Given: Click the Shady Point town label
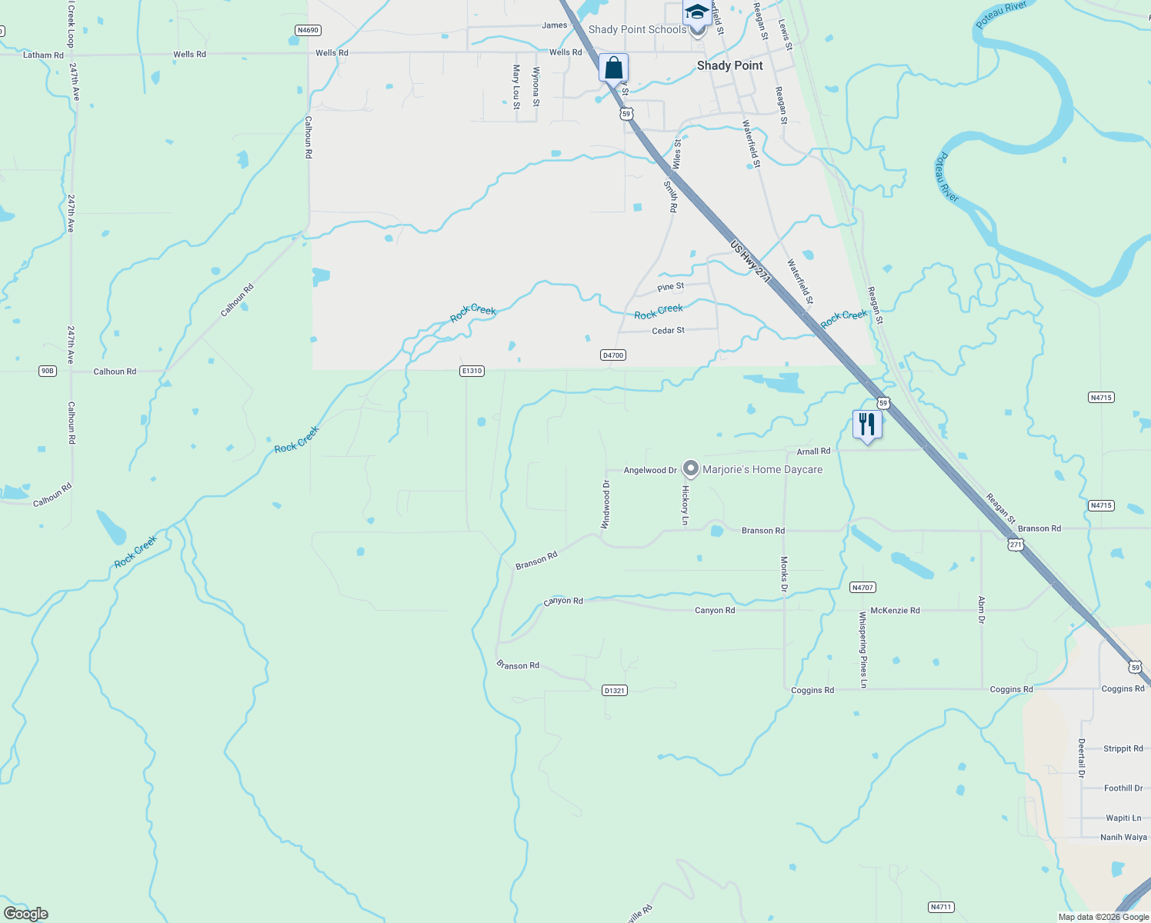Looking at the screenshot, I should [729, 65].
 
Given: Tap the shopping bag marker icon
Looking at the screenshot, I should [613, 68].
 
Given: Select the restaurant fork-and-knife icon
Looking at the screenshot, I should [867, 425].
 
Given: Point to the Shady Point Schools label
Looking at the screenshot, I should [637, 29].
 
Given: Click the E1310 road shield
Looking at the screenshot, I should [472, 371].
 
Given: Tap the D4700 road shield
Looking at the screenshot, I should [613, 355].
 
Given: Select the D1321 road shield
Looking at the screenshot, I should [615, 690].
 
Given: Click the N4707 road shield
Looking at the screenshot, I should [862, 587].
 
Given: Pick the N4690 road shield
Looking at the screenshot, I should [308, 30].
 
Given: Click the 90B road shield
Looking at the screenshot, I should [48, 371].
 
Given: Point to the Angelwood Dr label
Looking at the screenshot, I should [650, 470].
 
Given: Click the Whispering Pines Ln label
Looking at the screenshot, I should [863, 649].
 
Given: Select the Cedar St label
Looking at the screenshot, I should [668, 330].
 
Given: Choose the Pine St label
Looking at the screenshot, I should [670, 287].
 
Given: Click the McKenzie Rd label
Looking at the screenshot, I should [895, 610].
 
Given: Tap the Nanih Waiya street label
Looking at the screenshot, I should [1123, 837].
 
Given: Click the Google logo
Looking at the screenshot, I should [26, 914].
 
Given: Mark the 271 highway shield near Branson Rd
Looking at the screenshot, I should [1016, 544].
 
